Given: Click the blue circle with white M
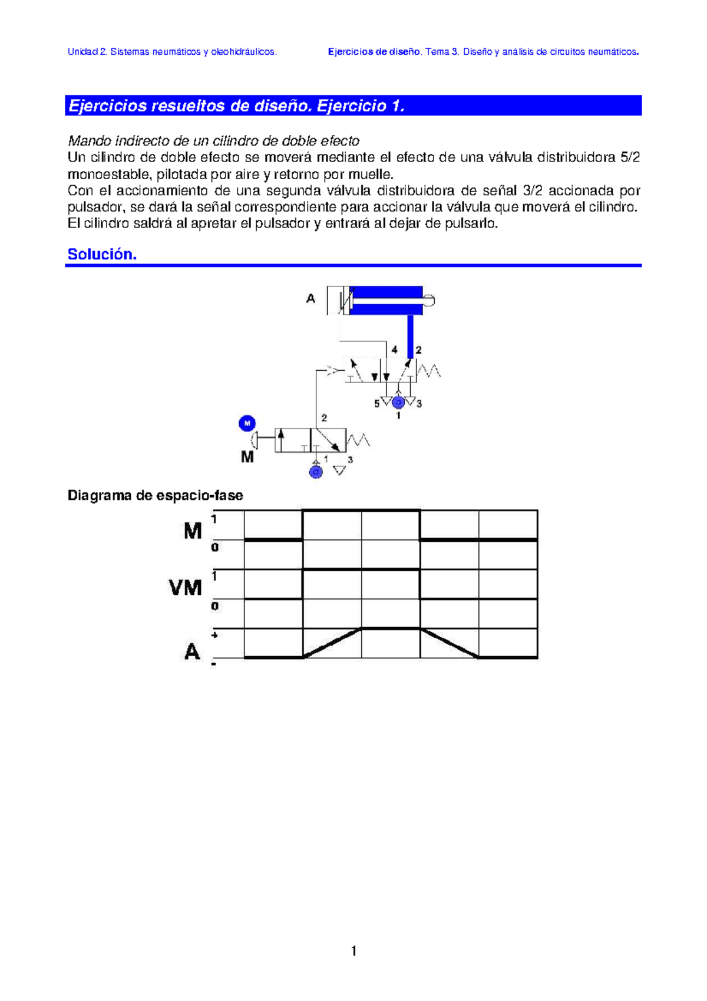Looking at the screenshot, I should coord(247,423).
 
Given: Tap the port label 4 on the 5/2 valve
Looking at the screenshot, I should coord(394,350).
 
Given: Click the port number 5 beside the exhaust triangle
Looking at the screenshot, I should coord(377,404).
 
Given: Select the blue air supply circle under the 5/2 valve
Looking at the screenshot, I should coord(398,403).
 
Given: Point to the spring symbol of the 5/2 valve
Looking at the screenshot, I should coord(429,371).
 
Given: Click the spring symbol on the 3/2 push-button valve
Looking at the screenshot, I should coord(358,440).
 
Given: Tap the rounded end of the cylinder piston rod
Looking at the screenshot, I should coord(430,301).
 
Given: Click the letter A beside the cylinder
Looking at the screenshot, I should coord(310,299).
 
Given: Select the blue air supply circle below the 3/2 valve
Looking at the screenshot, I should coord(316,472).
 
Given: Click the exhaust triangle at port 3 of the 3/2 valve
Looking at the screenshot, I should coord(340,470).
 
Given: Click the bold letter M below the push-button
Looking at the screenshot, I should coord(247,457).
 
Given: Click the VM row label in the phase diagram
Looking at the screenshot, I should coord(186,588).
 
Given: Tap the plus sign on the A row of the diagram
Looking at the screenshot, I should coord(214,635).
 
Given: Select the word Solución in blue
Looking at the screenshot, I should coord(102,254).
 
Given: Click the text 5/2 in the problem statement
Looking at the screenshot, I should coord(630,157).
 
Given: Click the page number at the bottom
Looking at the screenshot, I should coord(353,950).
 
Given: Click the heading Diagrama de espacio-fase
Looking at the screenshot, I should coord(155,495).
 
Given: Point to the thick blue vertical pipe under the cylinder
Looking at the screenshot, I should coord(411,336).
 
